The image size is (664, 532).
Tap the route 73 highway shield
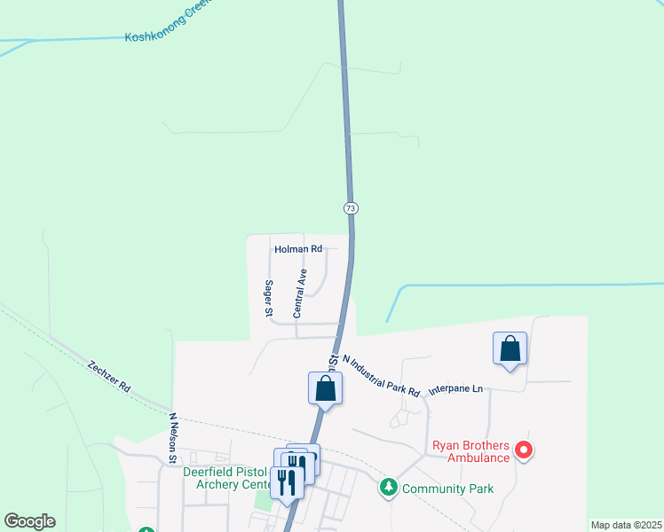click(351, 207)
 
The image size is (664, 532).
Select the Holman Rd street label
click(297, 250)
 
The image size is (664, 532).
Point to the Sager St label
click(267, 299)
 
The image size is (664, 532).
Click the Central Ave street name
click(300, 293)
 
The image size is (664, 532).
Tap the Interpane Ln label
click(455, 388)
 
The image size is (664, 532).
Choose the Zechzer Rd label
click(109, 377)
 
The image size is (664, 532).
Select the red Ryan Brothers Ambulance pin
click(524, 450)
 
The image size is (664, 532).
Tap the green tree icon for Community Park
click(388, 488)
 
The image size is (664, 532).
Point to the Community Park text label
click(447, 489)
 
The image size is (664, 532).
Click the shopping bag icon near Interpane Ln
click(510, 348)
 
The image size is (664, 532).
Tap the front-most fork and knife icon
click(287, 481)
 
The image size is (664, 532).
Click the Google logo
click(29, 521)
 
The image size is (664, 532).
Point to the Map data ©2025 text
click(625, 525)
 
